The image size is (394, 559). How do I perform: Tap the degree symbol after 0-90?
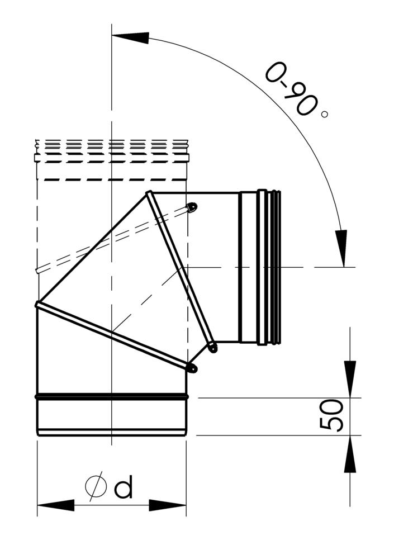click(x=325, y=114)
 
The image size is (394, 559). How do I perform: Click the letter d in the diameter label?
click(x=124, y=488)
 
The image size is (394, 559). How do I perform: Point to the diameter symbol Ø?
click(x=96, y=485)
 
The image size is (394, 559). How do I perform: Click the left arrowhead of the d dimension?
click(x=55, y=505)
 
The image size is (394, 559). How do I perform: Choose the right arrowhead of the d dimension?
click(x=168, y=505)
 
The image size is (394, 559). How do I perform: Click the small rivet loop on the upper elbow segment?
click(x=192, y=207)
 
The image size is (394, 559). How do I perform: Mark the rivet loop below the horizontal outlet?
click(x=212, y=348)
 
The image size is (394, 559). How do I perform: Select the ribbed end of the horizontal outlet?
click(x=274, y=267)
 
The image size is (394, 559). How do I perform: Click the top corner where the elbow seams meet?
click(x=149, y=194)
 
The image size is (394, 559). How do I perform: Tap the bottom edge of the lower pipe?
click(x=112, y=433)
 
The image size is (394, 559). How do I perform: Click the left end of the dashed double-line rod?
click(x=38, y=271)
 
